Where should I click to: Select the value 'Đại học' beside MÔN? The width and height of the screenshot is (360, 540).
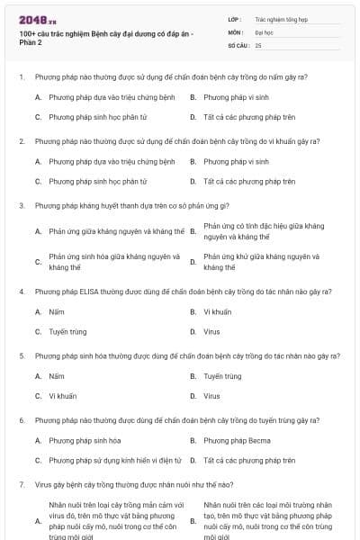pyautogui.click(x=265, y=31)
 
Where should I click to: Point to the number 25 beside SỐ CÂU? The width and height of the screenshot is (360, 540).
pyautogui.click(x=258, y=44)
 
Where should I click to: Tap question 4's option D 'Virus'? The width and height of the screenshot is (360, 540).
pyautogui.click(x=211, y=331)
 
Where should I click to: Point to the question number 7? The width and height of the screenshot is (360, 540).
pyautogui.click(x=21, y=484)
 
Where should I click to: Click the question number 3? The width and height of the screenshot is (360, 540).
pyautogui.click(x=21, y=205)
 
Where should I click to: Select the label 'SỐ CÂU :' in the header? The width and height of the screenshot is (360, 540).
pyautogui.click(x=239, y=44)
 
